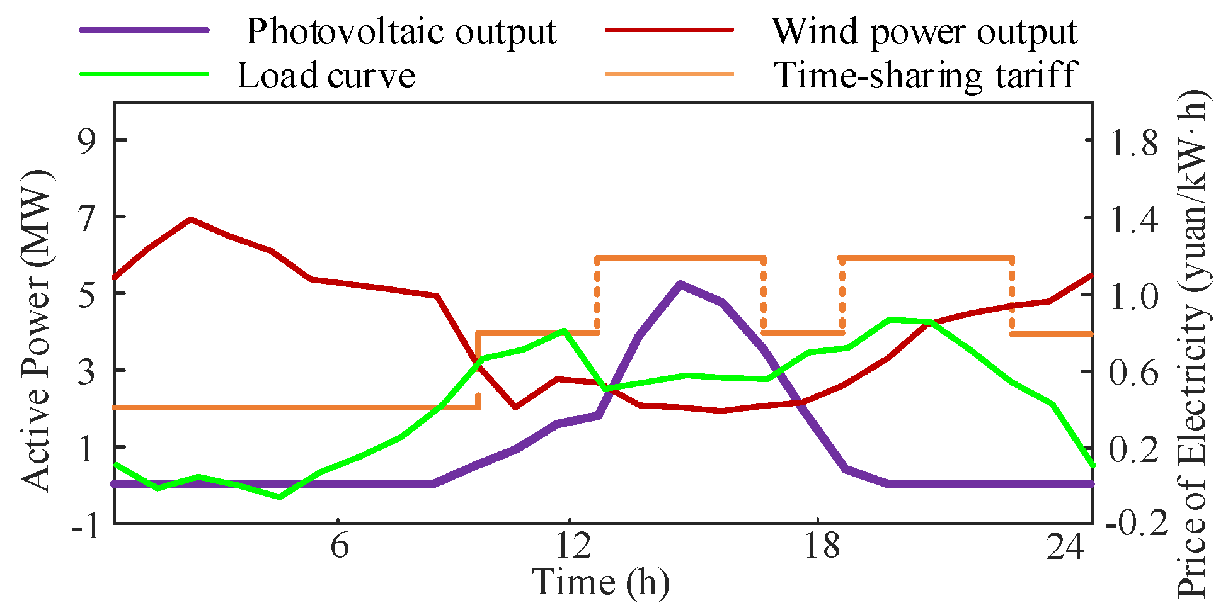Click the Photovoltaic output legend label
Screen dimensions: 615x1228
(x=401, y=31)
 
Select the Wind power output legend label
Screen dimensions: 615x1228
(x=924, y=31)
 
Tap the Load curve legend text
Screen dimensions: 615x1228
(x=326, y=76)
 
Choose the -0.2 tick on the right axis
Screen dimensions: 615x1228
(x=1139, y=524)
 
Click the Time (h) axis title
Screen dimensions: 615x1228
(x=600, y=582)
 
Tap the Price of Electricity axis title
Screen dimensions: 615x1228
(x=1193, y=343)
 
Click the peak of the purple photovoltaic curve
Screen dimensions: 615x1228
(x=679, y=285)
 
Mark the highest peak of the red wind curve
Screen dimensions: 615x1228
(x=190, y=219)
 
